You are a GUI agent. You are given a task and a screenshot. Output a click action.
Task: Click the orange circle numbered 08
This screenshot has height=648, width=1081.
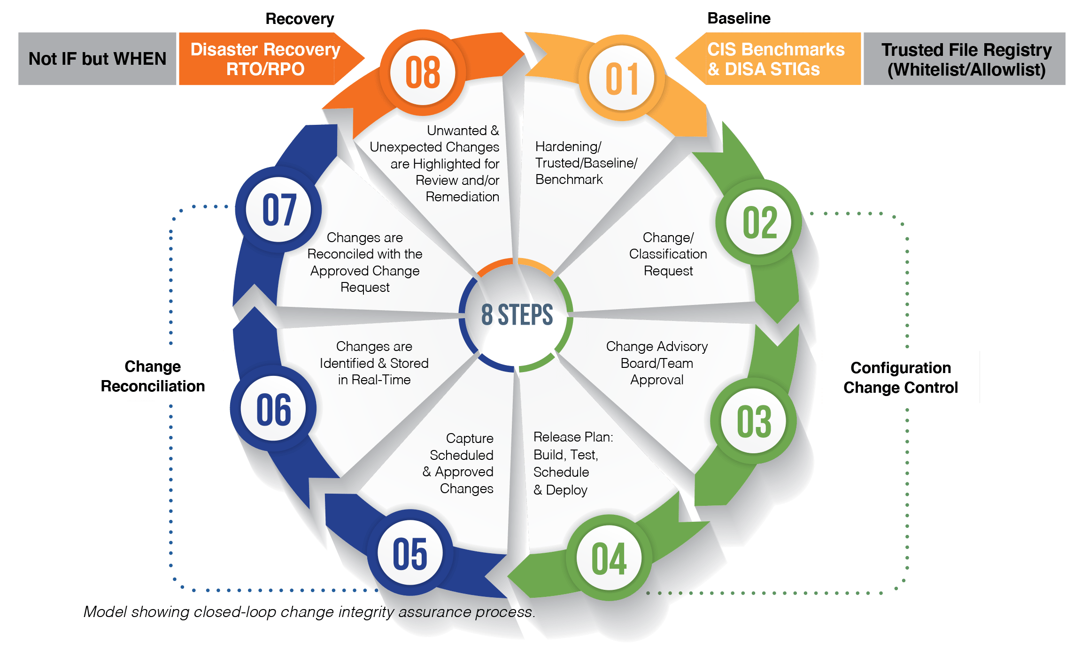tap(423, 73)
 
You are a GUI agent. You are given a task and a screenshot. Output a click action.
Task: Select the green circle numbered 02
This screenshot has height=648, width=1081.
tap(758, 222)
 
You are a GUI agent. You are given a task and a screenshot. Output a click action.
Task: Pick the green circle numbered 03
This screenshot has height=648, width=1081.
tap(753, 421)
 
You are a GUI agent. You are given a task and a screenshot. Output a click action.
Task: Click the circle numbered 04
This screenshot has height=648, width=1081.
tap(609, 558)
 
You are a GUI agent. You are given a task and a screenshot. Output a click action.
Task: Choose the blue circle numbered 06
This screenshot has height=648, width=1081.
tap(273, 409)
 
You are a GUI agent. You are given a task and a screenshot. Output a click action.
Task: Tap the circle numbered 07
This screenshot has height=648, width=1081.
tap(279, 209)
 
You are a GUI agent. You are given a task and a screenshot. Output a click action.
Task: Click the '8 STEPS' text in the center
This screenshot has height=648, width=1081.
tap(517, 315)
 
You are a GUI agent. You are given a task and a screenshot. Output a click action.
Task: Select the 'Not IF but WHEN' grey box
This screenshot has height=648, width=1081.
tap(97, 59)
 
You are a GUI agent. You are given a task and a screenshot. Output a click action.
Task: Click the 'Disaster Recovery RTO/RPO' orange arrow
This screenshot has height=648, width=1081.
tap(265, 59)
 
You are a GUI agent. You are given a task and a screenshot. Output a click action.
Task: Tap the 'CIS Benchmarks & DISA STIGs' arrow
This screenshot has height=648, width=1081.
tap(775, 59)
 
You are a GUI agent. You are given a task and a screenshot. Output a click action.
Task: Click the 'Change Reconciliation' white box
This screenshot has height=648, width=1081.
tap(153, 376)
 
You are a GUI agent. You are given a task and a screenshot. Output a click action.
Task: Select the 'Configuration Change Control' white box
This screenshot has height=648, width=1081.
tap(900, 377)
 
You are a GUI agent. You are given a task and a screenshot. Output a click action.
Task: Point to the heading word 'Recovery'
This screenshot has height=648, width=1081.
tap(300, 19)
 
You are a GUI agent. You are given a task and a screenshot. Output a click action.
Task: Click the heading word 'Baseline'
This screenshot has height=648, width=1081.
tap(739, 18)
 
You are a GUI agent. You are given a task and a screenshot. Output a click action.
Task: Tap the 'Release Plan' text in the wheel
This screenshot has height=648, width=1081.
tap(573, 437)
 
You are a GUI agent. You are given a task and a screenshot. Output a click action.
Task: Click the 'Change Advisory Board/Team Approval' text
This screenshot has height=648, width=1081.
tap(656, 363)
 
